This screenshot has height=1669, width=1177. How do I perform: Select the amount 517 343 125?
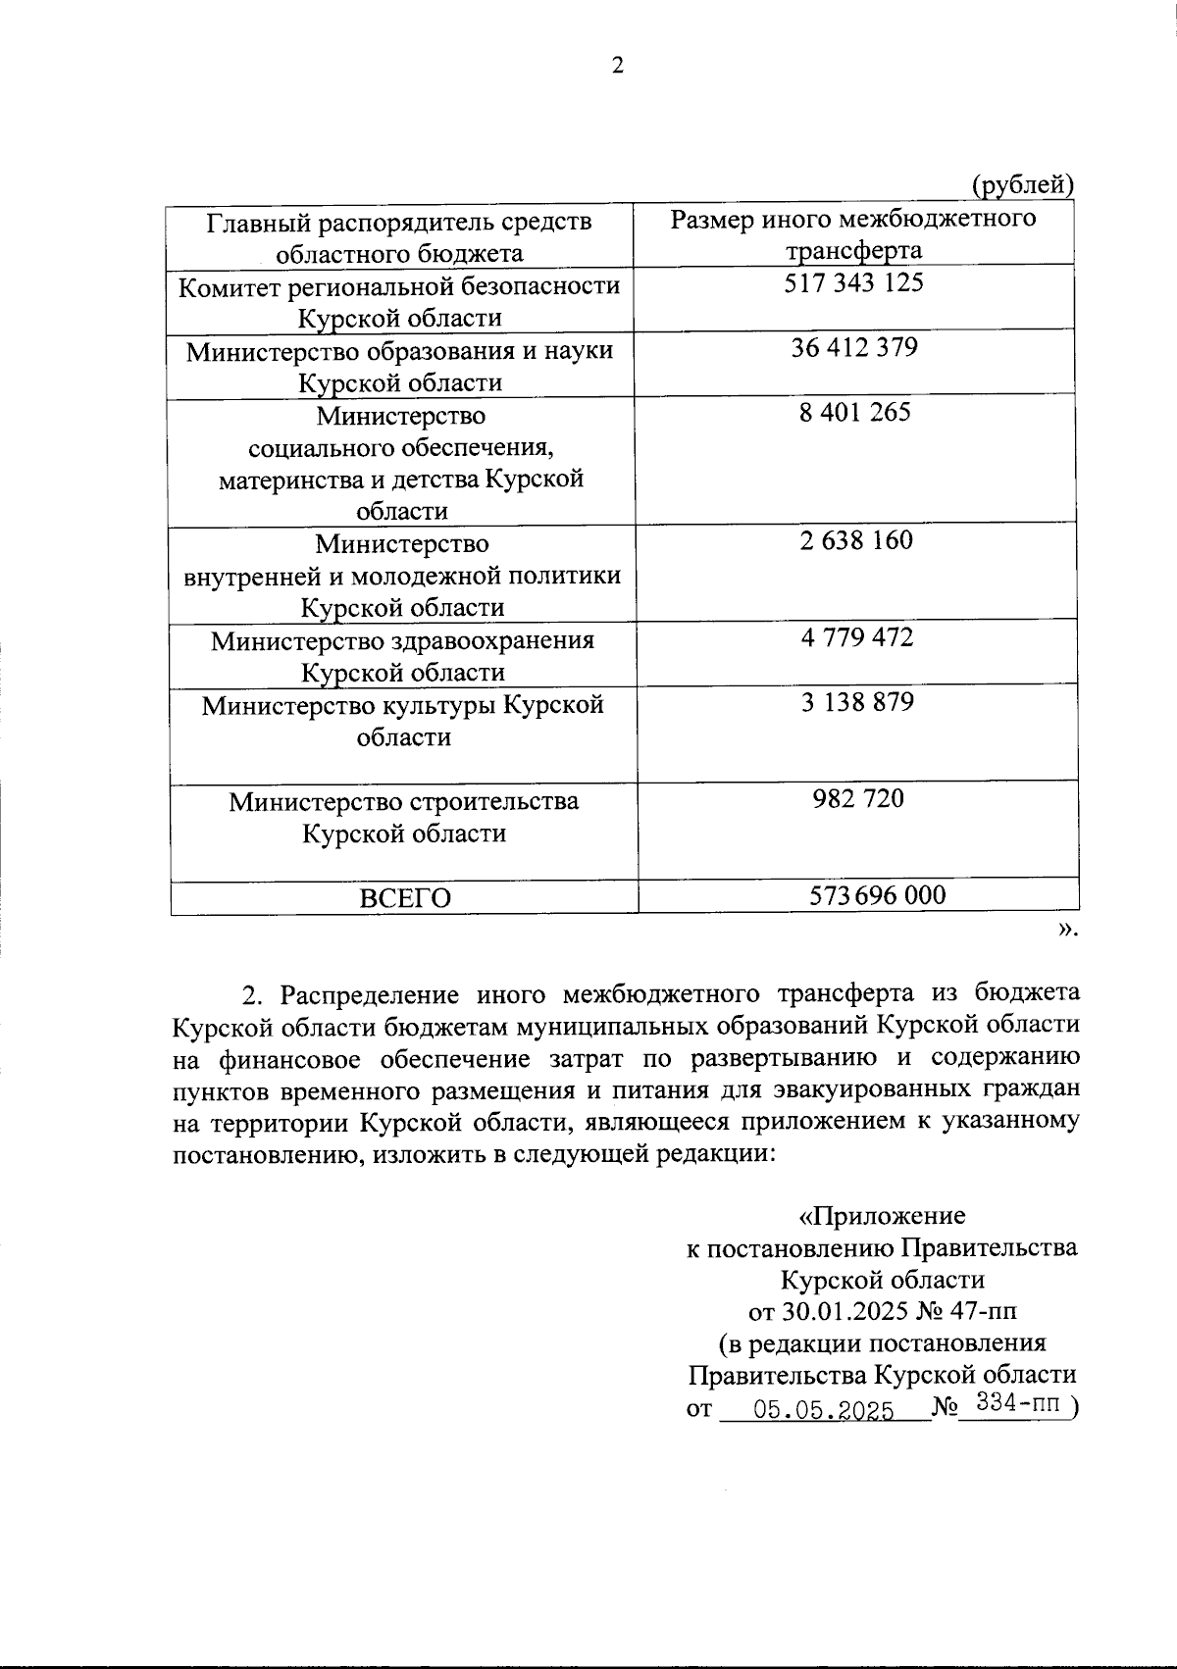pyautogui.click(x=854, y=283)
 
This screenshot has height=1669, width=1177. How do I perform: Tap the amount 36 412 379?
pyautogui.click(x=854, y=348)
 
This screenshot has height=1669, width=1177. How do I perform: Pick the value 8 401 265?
pyautogui.click(x=854, y=412)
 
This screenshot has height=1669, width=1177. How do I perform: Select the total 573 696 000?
pyautogui.click(x=878, y=894)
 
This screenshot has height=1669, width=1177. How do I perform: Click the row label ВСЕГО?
pyautogui.click(x=404, y=897)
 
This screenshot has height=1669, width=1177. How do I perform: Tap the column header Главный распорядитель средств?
pyautogui.click(x=399, y=222)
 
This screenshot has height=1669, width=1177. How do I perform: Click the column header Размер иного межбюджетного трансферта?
pyautogui.click(x=853, y=233)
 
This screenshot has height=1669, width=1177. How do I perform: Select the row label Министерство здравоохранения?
pyautogui.click(x=402, y=641)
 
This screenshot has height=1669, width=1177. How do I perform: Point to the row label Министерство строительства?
pyautogui.click(x=403, y=802)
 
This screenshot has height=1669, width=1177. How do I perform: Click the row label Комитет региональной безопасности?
pyautogui.click(x=399, y=285)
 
